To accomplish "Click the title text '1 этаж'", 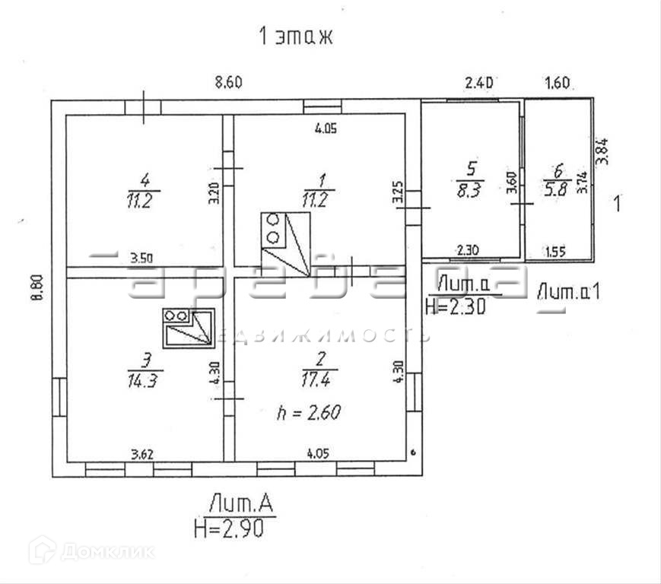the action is click(x=297, y=37).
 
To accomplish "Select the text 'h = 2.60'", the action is click(x=308, y=414).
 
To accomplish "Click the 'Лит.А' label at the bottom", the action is click(x=239, y=503).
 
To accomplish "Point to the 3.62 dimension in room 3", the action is click(x=145, y=455).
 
